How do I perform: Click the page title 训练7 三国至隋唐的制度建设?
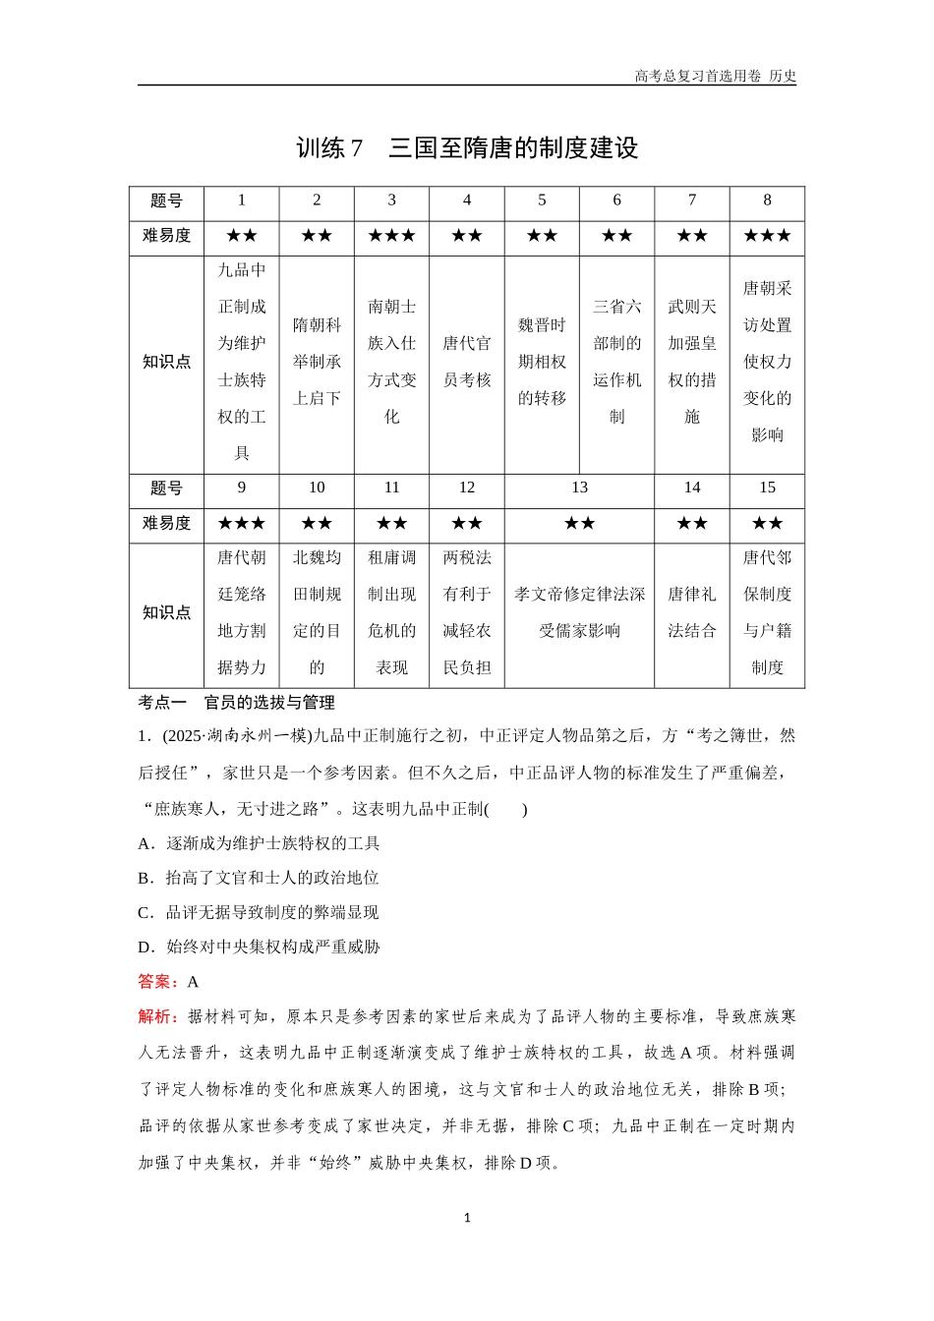coord(467,148)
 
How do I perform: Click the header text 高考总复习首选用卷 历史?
coord(715,76)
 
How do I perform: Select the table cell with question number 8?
coord(767,201)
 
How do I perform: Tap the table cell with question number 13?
coord(579,488)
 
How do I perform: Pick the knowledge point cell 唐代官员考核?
coord(467,362)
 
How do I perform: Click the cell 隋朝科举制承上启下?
coord(317,362)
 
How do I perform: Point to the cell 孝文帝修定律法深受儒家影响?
coord(579,612)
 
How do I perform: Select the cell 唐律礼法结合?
coord(692,612)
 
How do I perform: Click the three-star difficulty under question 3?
coord(391,236)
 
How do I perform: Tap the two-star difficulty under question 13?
coord(579,524)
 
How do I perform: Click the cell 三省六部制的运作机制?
coord(616,362)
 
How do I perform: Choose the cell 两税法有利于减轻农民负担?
coord(467,612)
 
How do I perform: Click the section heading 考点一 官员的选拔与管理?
coord(237,703)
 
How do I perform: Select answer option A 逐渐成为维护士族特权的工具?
coord(260,843)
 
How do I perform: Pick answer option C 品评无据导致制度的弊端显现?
coord(260,912)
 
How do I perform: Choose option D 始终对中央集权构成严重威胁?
coord(260,947)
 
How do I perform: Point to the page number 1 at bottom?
coord(467,1218)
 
